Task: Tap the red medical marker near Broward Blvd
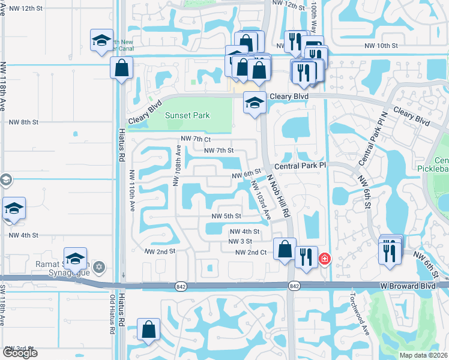pos(325,258)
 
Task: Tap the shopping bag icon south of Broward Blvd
pos(148,329)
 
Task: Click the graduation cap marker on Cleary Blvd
pos(255,103)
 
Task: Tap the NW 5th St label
pos(226,216)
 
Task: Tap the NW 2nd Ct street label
pos(250,253)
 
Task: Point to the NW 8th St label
pos(24,121)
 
